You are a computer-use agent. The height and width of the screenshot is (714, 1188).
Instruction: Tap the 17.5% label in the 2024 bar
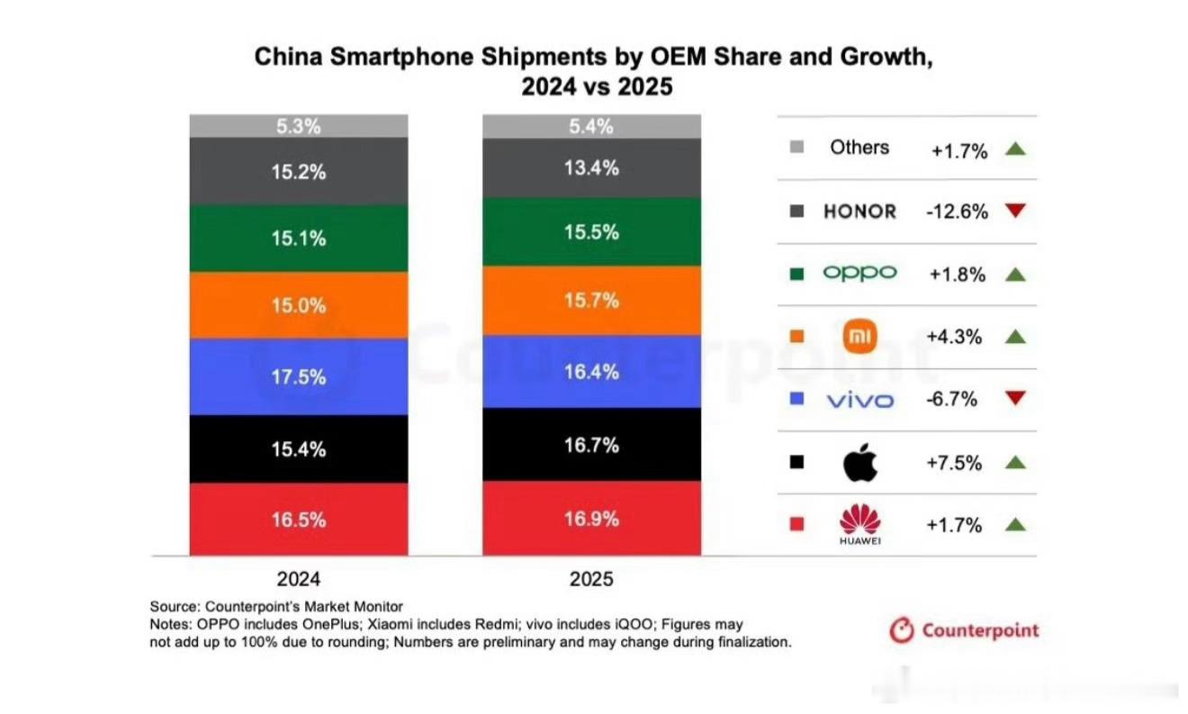click(x=298, y=377)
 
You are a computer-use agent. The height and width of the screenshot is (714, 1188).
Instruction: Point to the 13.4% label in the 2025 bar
click(x=591, y=167)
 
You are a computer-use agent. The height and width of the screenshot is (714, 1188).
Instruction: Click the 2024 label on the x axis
click(x=298, y=578)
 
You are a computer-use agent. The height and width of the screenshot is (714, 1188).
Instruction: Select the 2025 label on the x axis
click(x=591, y=578)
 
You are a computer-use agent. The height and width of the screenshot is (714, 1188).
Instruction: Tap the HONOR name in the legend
click(x=859, y=212)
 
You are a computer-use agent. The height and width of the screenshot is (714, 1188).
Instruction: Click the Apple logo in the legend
click(x=859, y=463)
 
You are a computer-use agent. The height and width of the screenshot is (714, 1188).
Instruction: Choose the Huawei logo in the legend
click(x=859, y=525)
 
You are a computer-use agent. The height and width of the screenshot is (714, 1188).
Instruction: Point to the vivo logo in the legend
click(x=859, y=400)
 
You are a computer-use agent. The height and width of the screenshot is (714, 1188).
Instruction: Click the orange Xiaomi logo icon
click(x=859, y=338)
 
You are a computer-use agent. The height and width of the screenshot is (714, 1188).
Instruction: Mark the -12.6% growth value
click(x=957, y=212)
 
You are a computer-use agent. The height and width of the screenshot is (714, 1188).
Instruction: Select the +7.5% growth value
click(x=954, y=463)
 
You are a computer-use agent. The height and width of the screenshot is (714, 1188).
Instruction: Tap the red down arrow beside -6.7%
click(x=1015, y=400)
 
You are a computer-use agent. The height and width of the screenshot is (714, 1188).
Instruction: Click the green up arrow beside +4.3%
click(x=1015, y=337)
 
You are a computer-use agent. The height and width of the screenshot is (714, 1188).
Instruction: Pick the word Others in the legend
click(x=859, y=148)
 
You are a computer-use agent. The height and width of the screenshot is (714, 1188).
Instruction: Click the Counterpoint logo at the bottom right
click(x=964, y=630)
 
